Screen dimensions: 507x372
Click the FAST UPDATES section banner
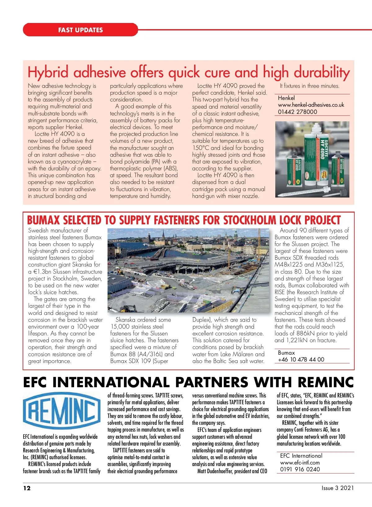(80, 30)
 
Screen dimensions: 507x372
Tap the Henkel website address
(311, 105)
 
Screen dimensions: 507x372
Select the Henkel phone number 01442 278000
(297, 112)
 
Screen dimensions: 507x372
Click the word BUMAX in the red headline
(43, 220)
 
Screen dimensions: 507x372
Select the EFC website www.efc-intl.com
(300, 462)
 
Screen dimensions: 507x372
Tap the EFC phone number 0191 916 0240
(300, 469)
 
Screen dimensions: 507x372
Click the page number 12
(27, 488)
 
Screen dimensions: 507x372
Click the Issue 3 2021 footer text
(338, 488)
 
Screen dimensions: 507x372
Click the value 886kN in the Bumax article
(306, 334)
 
